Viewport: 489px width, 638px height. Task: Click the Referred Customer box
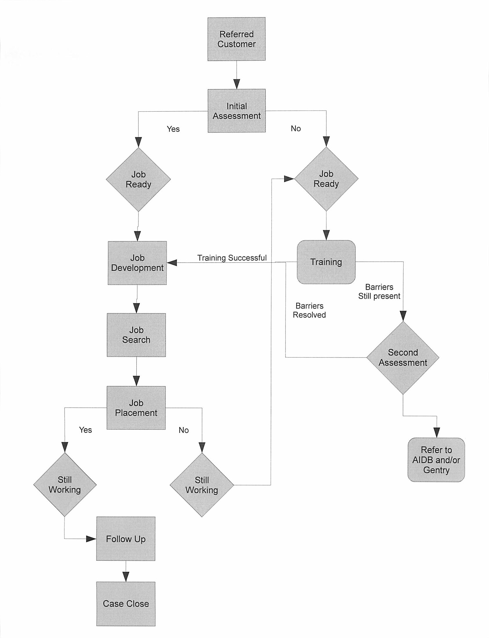coord(236,39)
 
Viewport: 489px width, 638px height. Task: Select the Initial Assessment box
coord(236,111)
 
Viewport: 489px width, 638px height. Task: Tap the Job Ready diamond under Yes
coord(138,179)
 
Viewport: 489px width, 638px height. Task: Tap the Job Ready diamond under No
coord(326,179)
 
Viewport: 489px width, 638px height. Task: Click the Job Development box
coord(137,263)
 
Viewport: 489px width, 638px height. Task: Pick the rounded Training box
coord(326,262)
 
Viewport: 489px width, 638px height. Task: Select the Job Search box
coord(136,335)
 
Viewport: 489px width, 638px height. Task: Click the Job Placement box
coord(136,408)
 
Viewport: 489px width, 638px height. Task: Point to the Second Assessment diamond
coord(403,358)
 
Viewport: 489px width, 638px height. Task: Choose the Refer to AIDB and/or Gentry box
coord(436,460)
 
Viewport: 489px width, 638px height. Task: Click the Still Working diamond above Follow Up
coord(65,484)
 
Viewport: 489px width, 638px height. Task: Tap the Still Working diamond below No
coord(202,485)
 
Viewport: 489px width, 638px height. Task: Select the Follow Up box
coord(126,539)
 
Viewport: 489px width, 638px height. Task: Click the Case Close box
coord(126,604)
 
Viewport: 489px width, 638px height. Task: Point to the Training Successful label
coord(232,258)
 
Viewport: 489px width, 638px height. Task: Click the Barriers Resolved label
coord(309,310)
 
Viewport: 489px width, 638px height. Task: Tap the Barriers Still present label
coord(379,292)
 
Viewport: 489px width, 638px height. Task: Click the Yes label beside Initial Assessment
coord(173,129)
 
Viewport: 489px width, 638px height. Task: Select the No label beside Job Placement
coord(183,430)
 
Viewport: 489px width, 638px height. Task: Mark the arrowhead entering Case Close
coord(126,577)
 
